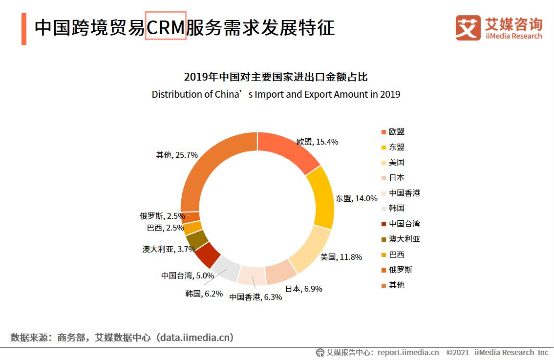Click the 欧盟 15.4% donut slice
(288, 149)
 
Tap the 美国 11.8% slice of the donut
(308, 249)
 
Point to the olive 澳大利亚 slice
(196, 239)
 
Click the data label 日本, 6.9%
(303, 289)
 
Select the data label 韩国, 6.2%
(204, 294)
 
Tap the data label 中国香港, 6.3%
(256, 296)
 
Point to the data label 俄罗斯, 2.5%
(162, 216)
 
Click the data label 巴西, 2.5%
(166, 228)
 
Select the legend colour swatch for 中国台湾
(384, 224)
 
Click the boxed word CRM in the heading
(166, 27)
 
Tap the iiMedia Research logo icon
(468, 27)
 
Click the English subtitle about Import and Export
(276, 94)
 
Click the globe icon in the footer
(320, 352)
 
